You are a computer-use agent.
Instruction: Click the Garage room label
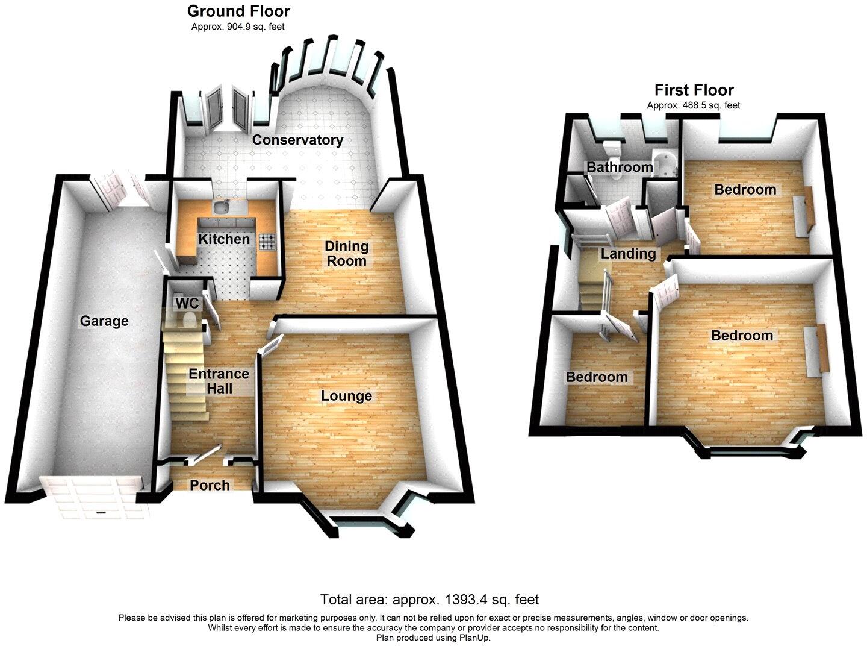pyautogui.click(x=104, y=321)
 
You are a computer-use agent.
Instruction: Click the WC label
pyautogui.click(x=186, y=303)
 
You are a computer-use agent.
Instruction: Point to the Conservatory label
pyautogui.click(x=297, y=140)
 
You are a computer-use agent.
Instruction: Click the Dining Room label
pyautogui.click(x=346, y=253)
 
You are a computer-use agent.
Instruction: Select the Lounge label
pyautogui.click(x=346, y=396)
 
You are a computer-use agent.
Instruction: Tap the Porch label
pyautogui.click(x=210, y=485)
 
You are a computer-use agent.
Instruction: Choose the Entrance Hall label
pyautogui.click(x=219, y=381)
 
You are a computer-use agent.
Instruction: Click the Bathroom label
pyautogui.click(x=620, y=167)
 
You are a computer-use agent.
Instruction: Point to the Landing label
pyautogui.click(x=628, y=254)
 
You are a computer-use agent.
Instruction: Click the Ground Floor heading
pyautogui.click(x=238, y=11)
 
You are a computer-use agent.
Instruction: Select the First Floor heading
pyautogui.click(x=694, y=90)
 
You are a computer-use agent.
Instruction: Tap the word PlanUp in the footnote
pyautogui.click(x=475, y=637)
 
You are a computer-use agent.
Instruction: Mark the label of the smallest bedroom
pyautogui.click(x=596, y=377)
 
